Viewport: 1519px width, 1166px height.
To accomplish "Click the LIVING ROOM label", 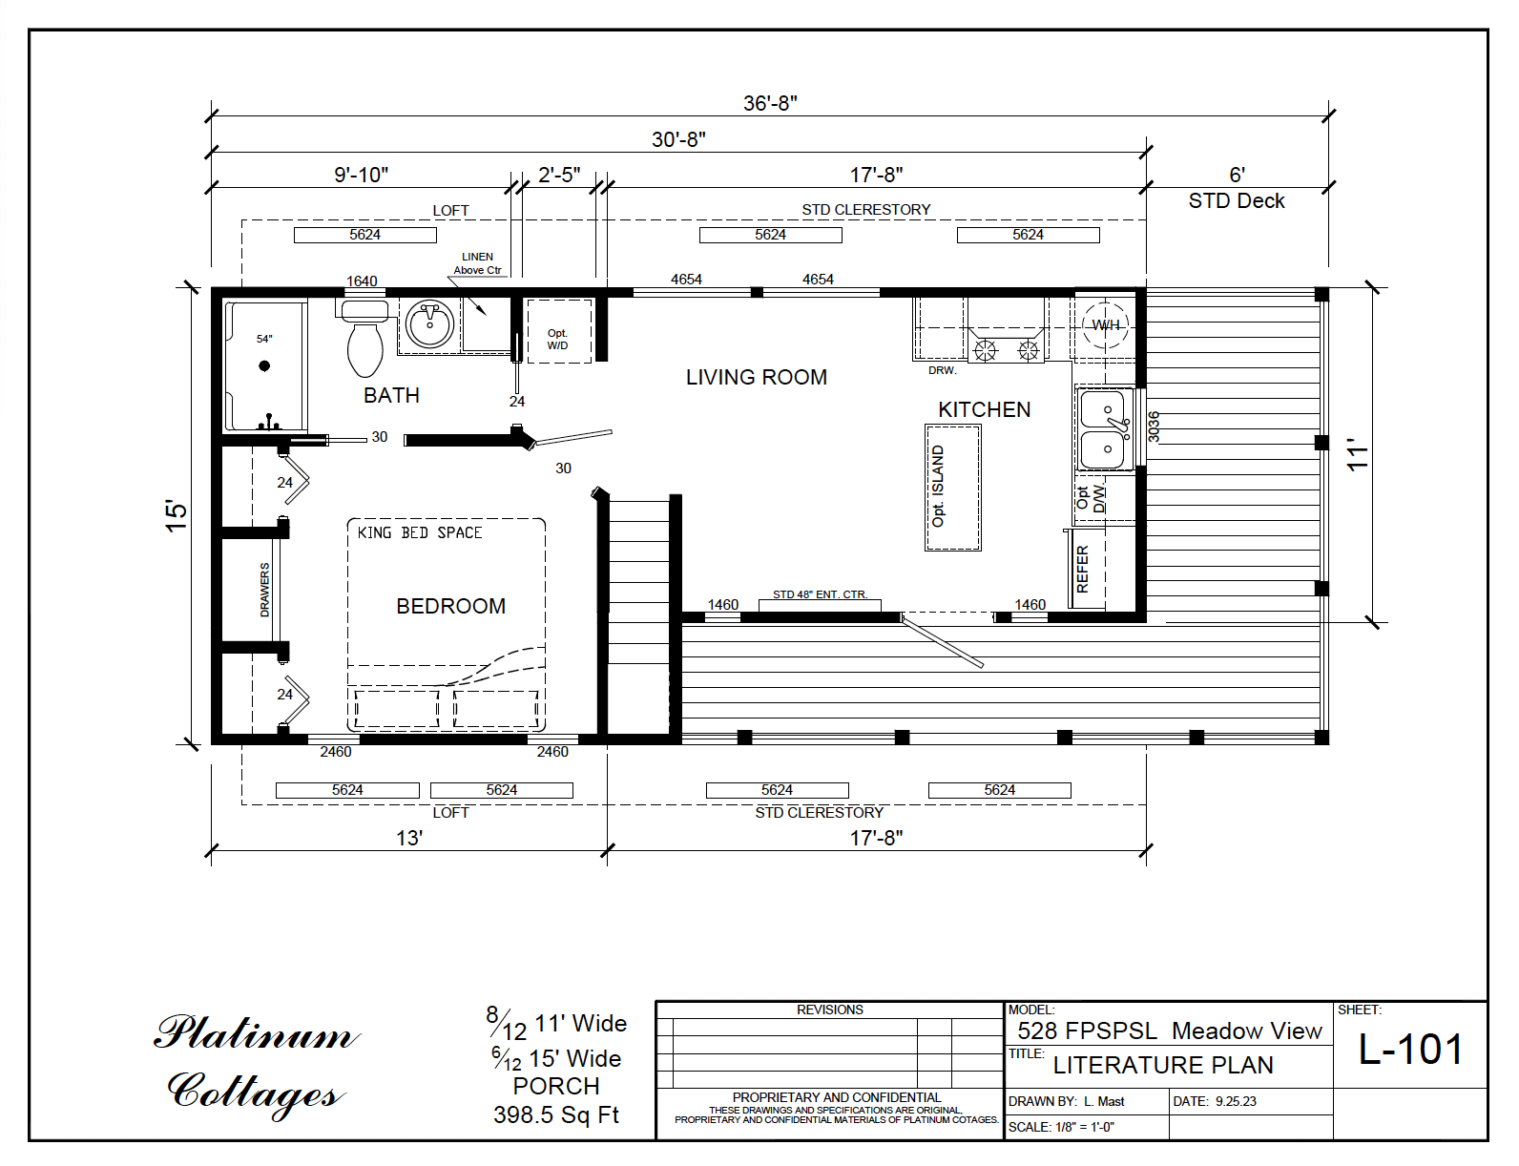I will click(756, 378).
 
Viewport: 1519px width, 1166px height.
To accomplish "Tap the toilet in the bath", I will click(364, 344).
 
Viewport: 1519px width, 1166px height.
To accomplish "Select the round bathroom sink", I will click(429, 324).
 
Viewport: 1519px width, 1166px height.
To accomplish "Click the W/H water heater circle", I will click(1106, 324).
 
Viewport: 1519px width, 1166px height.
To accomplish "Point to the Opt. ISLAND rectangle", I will click(952, 488).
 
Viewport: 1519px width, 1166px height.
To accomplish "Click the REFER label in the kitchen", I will click(1082, 570).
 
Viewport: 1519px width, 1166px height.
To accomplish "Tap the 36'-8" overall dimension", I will click(770, 103).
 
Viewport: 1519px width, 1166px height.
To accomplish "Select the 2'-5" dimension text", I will click(559, 175).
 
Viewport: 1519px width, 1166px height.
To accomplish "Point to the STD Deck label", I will click(1236, 201).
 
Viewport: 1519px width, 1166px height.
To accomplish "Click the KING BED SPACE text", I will click(420, 532).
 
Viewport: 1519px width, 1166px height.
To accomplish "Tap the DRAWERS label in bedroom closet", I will click(264, 590).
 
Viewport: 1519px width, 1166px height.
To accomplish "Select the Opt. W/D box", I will click(558, 340).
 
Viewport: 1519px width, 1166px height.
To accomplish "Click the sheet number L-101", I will click(1410, 1050).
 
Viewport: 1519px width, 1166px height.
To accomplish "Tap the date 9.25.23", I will click(1236, 1101).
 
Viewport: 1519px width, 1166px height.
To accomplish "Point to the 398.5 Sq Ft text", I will click(556, 1114).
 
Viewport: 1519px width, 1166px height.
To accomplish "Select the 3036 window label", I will click(1154, 427).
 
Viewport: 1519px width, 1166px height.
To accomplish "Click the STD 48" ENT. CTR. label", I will click(820, 594).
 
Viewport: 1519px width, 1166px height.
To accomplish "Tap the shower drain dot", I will click(264, 365).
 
